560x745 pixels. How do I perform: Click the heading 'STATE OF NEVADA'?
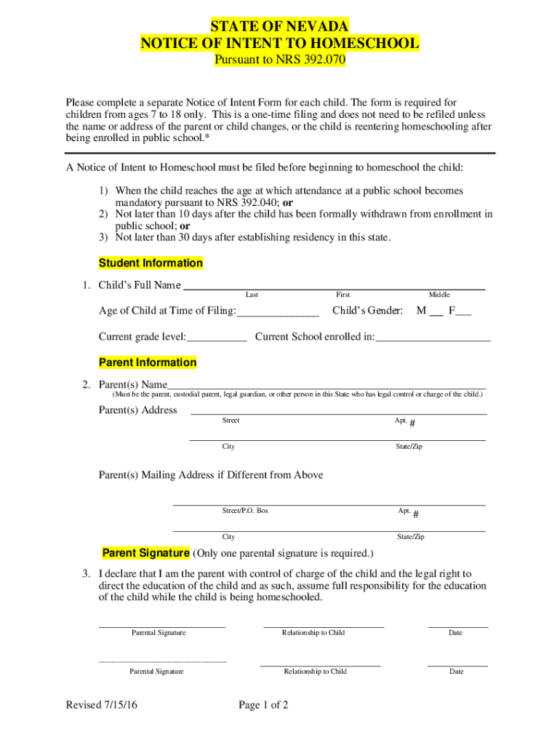tap(279, 28)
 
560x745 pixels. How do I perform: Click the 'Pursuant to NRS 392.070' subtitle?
tap(279, 60)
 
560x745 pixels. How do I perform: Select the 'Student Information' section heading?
tap(151, 263)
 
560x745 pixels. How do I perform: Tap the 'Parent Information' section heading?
tap(148, 362)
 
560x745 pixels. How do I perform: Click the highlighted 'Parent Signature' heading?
tap(146, 552)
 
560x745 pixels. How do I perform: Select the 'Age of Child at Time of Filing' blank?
tap(278, 313)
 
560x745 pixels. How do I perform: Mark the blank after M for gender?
tap(436, 313)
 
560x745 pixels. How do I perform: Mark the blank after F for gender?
tap(463, 313)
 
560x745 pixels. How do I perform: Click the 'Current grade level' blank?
tap(217, 338)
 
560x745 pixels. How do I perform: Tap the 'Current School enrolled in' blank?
tap(433, 338)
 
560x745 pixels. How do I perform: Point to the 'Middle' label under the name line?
tap(439, 295)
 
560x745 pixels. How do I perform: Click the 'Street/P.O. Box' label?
tap(245, 511)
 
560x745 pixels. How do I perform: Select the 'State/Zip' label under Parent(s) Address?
tap(409, 446)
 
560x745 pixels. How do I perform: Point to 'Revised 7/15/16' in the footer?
tap(101, 705)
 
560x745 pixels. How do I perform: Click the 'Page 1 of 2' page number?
tap(264, 705)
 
